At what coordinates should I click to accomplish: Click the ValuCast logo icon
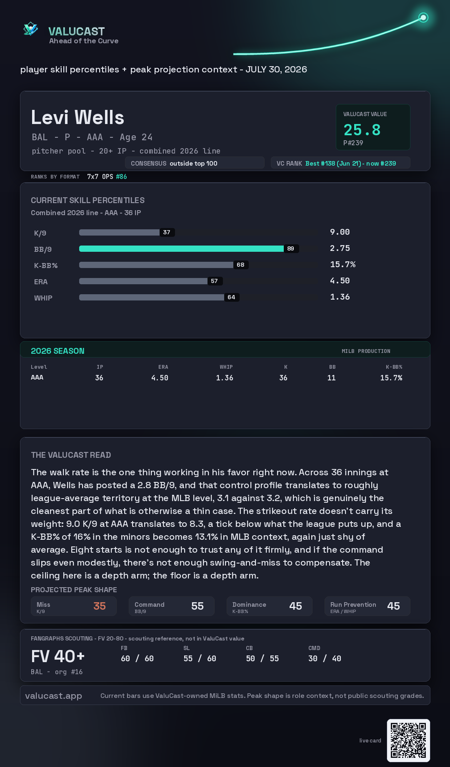30,29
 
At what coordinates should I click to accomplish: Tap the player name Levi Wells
77,117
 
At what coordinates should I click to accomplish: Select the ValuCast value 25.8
362,130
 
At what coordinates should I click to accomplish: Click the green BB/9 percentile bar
181,248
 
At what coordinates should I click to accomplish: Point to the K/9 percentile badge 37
167,232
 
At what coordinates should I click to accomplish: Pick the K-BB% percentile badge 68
240,265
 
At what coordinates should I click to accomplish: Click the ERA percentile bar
143,281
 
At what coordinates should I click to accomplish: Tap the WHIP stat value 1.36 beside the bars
340,297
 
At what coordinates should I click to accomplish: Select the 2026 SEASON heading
57,351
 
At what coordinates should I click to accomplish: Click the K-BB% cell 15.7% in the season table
391,378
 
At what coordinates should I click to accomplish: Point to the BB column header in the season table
332,367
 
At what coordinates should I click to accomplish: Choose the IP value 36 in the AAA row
99,378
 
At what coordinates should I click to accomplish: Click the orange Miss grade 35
100,606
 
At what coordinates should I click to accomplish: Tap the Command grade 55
197,606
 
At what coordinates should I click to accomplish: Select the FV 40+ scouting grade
58,656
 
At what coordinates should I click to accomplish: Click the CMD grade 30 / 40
325,658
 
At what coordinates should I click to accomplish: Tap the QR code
408,740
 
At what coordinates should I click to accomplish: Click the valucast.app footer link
53,695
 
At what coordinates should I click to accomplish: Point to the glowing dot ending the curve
423,17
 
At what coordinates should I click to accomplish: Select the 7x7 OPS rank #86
121,176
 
